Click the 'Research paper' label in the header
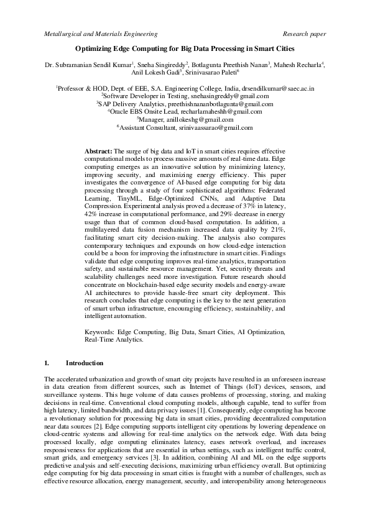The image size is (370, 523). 304,34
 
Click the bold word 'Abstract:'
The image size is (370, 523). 98,151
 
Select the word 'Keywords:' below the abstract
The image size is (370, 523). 101,332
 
